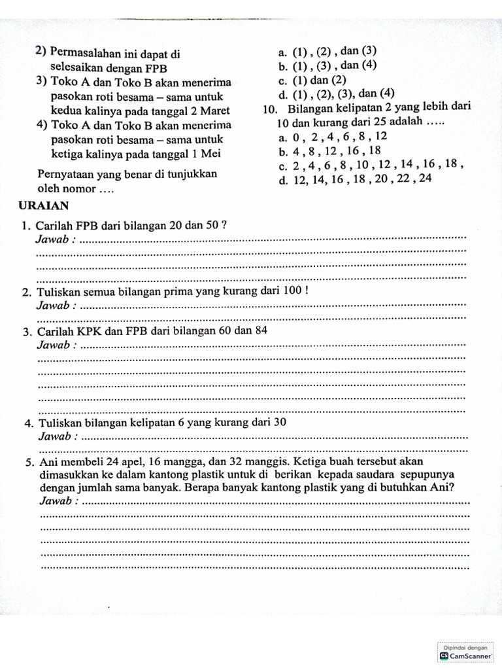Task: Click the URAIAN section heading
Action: point(44,205)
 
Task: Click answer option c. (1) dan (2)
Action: point(311,80)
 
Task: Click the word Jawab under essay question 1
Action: point(55,239)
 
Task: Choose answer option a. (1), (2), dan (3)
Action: point(327,51)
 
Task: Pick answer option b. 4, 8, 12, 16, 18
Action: point(329,150)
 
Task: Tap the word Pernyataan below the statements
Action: point(69,175)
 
